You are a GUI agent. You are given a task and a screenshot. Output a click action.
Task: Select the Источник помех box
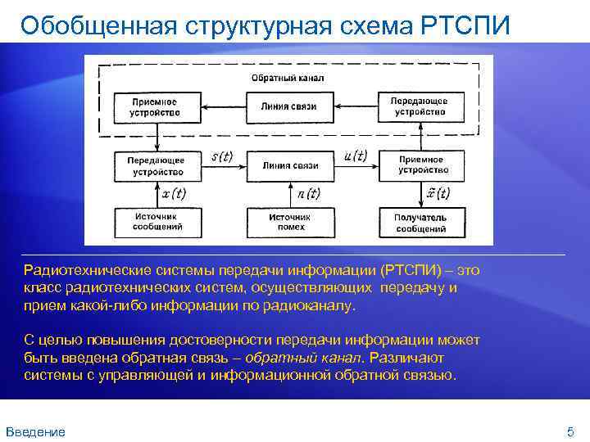point(290,222)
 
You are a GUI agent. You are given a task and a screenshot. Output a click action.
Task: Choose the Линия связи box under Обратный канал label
point(289,106)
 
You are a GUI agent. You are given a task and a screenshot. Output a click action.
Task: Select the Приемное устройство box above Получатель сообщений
point(421,165)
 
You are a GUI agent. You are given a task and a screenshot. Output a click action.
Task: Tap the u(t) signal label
point(355,156)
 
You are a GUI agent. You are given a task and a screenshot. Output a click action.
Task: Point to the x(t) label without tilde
point(174,194)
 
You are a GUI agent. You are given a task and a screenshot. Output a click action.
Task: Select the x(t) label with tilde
point(438,193)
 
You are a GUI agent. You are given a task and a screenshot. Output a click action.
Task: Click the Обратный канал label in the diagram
point(288,79)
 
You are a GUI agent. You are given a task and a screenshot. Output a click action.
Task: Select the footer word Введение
point(35,431)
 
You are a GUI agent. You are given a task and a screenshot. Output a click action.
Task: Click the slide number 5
point(570,431)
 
